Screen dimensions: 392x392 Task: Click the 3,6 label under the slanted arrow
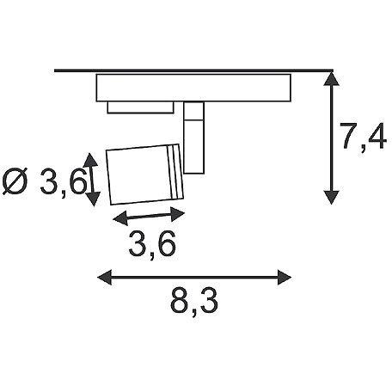[x=154, y=245]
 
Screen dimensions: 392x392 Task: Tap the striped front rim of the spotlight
[x=176, y=169]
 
